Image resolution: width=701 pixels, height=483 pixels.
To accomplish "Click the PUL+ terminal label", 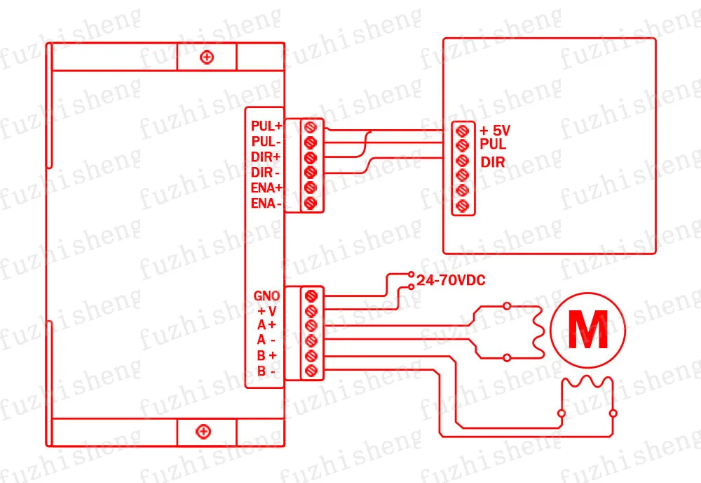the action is (x=266, y=126).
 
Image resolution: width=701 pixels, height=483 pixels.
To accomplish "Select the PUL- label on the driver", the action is (x=266, y=141).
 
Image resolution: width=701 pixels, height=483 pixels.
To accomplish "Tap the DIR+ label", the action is (x=266, y=157).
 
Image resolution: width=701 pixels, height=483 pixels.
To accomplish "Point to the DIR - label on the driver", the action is (x=265, y=172).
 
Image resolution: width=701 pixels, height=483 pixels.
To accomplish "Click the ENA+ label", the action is (x=266, y=187).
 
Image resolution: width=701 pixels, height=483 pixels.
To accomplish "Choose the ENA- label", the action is (x=266, y=203).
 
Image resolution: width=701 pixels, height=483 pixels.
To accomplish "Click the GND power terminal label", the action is (x=266, y=296).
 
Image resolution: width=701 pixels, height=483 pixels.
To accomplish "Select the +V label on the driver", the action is (x=267, y=311).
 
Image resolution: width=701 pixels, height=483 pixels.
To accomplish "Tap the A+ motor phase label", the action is (x=266, y=324).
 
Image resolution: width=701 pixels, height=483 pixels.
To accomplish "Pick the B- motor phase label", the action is (x=266, y=371).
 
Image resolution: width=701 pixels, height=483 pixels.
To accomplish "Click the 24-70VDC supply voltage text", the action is (x=451, y=280).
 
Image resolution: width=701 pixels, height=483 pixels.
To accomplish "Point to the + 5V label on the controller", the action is (x=494, y=131).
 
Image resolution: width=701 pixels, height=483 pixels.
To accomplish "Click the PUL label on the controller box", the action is (x=493, y=144).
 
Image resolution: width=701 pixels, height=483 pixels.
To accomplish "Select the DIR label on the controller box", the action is (x=493, y=162).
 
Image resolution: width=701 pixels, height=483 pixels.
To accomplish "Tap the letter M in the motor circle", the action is (x=588, y=331).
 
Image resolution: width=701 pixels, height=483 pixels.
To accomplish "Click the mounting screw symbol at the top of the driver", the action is (x=207, y=58).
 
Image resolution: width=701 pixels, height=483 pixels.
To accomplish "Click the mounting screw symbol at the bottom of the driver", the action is (x=203, y=432).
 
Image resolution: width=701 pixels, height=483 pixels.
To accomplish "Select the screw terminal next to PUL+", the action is (x=311, y=127).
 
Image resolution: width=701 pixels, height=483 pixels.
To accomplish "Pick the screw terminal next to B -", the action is (x=311, y=371).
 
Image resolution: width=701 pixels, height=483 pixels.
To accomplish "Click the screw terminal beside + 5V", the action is (x=462, y=131).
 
